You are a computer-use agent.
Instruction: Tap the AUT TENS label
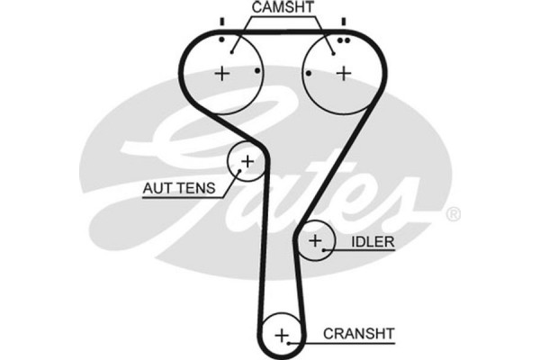point(179,188)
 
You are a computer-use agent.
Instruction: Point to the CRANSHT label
point(359,334)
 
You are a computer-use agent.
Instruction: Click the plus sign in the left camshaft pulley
point(222,74)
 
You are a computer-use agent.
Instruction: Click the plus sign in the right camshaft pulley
point(343,74)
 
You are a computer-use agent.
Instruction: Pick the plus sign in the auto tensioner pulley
point(247,162)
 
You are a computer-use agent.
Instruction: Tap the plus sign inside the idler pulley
point(315,241)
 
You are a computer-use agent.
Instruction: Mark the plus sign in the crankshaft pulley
point(283,336)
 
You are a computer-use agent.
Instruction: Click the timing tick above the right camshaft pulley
point(343,21)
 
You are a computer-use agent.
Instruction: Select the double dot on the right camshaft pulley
point(342,40)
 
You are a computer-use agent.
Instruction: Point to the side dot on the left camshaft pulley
point(258,71)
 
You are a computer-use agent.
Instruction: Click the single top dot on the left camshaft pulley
point(221,40)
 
